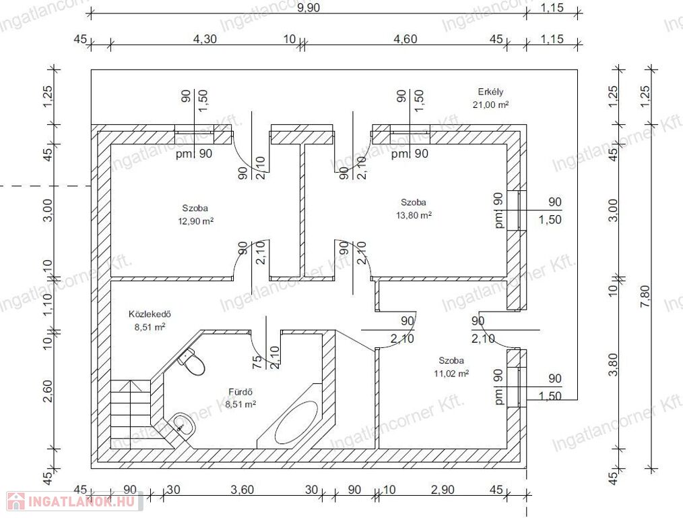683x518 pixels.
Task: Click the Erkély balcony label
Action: [x=490, y=92]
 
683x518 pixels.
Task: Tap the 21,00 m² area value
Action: [x=490, y=105]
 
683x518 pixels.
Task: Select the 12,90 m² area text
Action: [x=195, y=221]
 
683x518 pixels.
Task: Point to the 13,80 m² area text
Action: [x=414, y=215]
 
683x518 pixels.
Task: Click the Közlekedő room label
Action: [x=150, y=314]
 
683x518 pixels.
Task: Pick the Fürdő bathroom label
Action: [x=240, y=392]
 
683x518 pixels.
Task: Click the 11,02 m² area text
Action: [x=451, y=373]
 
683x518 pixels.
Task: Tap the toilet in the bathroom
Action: [x=192, y=362]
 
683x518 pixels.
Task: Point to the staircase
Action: [x=130, y=410]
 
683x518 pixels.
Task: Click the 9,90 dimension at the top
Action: [x=308, y=8]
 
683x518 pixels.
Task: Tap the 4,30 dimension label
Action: [x=205, y=39]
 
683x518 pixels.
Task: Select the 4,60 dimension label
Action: [x=405, y=39]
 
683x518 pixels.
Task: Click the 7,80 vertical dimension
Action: [x=645, y=296]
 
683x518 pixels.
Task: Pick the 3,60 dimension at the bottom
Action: [x=242, y=490]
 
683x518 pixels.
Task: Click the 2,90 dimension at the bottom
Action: [x=443, y=490]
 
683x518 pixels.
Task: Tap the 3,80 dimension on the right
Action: [x=614, y=364]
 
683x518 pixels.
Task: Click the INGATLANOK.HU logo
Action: [x=74, y=501]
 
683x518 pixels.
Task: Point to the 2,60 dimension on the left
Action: [x=48, y=391]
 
